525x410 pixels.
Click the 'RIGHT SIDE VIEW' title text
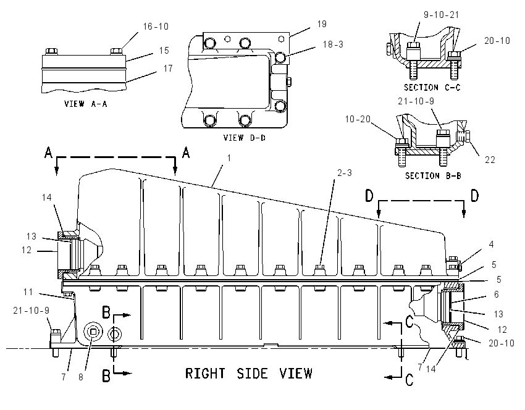(x=249, y=373)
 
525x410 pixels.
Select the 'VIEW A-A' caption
(x=86, y=104)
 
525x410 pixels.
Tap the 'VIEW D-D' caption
(x=245, y=138)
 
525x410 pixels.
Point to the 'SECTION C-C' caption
(x=432, y=87)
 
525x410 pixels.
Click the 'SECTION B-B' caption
(x=433, y=176)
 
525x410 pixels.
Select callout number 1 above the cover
(x=229, y=157)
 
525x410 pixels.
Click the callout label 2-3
(x=345, y=173)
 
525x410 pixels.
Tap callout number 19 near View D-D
(x=322, y=24)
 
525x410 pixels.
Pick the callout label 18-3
(x=333, y=44)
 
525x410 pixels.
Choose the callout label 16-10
(x=156, y=27)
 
